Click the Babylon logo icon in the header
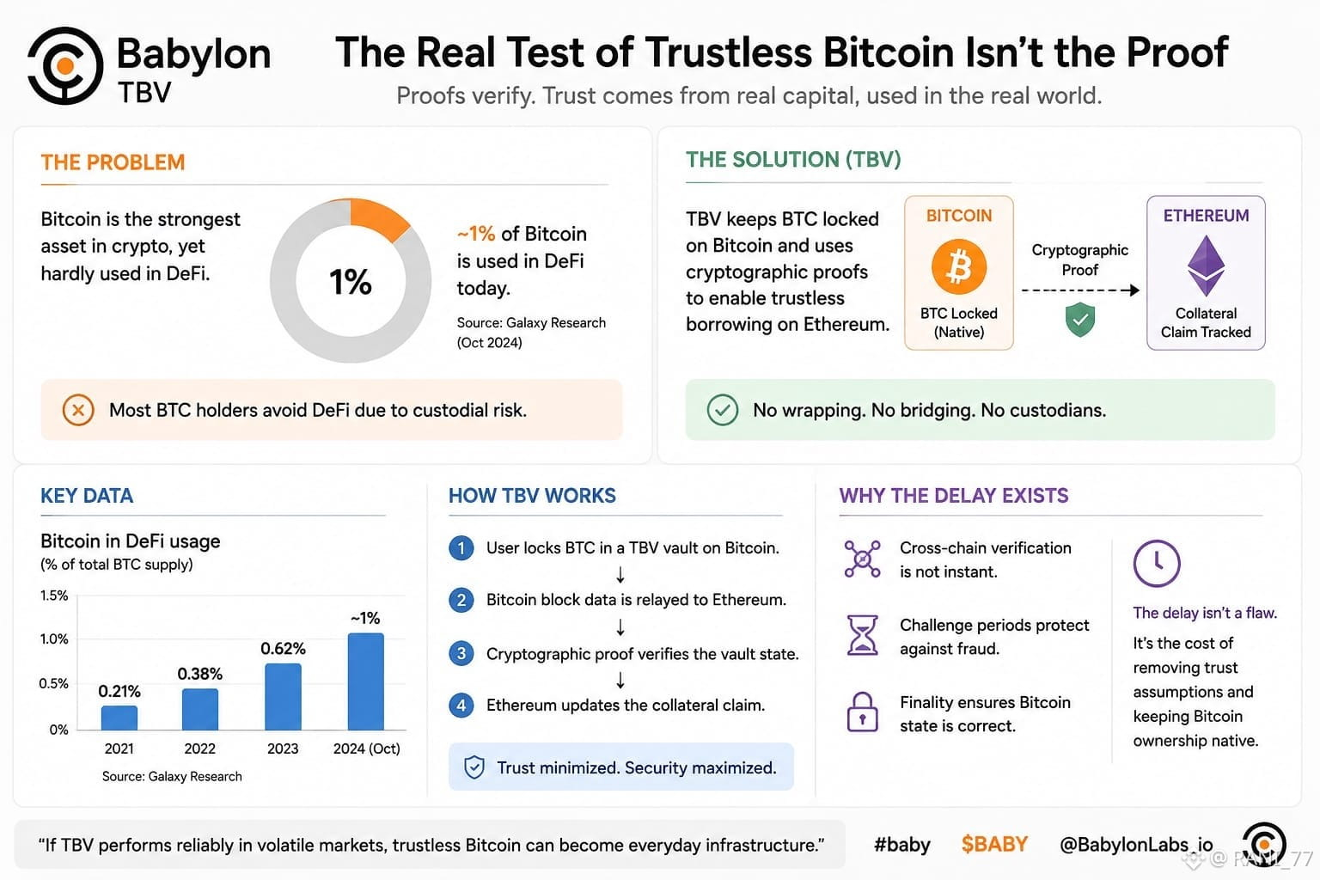pyautogui.click(x=64, y=65)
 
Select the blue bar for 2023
pyautogui.click(x=283, y=697)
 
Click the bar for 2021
pyautogui.click(x=119, y=718)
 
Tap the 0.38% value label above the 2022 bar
pyautogui.click(x=199, y=674)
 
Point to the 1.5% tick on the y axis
pyautogui.click(x=54, y=596)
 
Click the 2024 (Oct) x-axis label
pyautogui.click(x=367, y=749)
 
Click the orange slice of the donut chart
pyautogui.click(x=378, y=218)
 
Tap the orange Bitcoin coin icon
pyautogui.click(x=959, y=266)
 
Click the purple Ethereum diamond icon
pyautogui.click(x=1206, y=266)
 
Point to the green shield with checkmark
pyautogui.click(x=1080, y=319)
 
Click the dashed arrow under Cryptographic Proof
pyautogui.click(x=1080, y=290)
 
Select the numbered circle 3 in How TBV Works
pyautogui.click(x=461, y=653)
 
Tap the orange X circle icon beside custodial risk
pyautogui.click(x=78, y=410)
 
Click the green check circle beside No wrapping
pyautogui.click(x=723, y=410)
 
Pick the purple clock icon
pyautogui.click(x=1157, y=563)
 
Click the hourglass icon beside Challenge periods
pyautogui.click(x=862, y=635)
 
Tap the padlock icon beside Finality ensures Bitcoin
pyautogui.click(x=862, y=712)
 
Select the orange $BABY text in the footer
pyautogui.click(x=994, y=844)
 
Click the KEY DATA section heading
pyautogui.click(x=87, y=496)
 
